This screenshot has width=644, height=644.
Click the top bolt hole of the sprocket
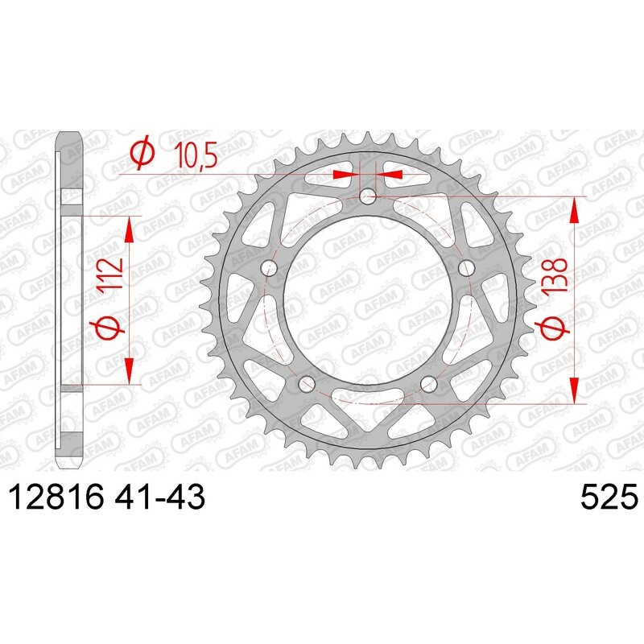click(368, 195)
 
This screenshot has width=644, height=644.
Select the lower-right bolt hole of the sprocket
click(428, 383)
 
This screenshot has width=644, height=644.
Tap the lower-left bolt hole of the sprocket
click(307, 383)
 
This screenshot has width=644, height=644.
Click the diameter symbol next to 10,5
click(142, 154)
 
